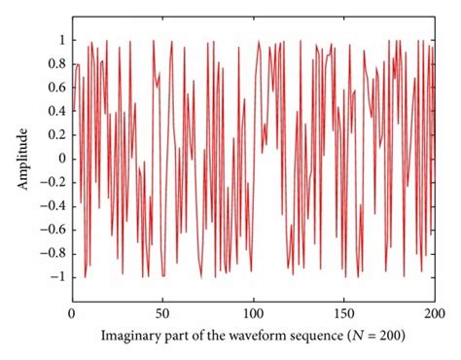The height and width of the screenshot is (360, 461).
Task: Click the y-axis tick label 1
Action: tap(60, 40)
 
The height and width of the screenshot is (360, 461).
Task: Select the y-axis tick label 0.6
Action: tap(55, 88)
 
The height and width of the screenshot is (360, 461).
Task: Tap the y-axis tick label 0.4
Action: tap(55, 111)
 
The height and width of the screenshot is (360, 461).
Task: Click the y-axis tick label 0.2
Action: tap(55, 135)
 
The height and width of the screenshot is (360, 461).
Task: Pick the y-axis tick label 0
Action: tap(60, 159)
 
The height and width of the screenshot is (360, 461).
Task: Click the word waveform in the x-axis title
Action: tap(262, 337)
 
